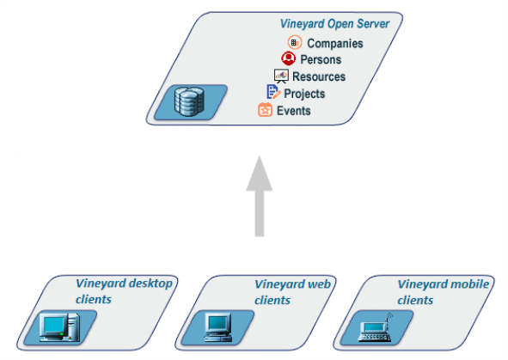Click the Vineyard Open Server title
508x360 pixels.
pos(334,24)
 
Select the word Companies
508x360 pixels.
pos(335,43)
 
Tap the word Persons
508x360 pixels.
pos(321,59)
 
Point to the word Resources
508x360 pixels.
pos(319,76)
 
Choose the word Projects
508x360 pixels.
pos(304,94)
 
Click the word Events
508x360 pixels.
pos(293,111)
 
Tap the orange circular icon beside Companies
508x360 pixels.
pos(295,42)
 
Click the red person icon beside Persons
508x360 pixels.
pos(288,58)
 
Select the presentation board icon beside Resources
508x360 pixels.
pos(281,76)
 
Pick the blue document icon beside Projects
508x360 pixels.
pos(273,92)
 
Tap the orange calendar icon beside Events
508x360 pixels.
pos(265,110)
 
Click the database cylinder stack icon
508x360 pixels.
pos(189,101)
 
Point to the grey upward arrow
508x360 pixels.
pos(260,196)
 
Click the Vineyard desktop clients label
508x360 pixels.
pos(124,291)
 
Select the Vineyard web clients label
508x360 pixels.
pos(292,292)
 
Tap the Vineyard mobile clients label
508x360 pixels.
pos(444,292)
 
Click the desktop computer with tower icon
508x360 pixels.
pos(59,327)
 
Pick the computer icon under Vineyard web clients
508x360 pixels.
pos(218,327)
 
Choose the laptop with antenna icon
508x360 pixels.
pos(375,327)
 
